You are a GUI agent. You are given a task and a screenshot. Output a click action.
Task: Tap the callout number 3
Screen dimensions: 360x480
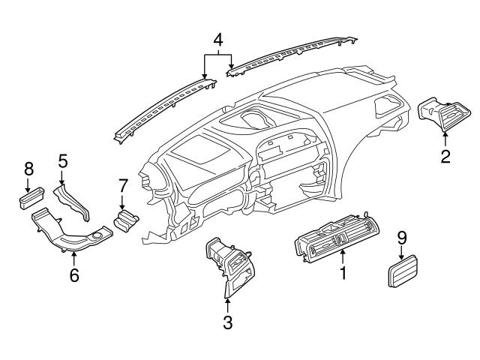coord(227,323)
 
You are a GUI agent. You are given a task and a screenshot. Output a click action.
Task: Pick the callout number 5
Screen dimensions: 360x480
coord(63,160)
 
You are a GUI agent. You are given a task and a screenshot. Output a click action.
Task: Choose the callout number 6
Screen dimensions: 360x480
coord(73,275)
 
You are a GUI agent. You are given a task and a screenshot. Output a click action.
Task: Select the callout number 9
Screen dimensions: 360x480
coord(402,238)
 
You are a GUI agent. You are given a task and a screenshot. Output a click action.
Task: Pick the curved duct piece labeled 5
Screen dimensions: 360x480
coord(76,199)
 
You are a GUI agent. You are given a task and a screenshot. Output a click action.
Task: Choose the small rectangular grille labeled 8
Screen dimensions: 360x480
coord(29,199)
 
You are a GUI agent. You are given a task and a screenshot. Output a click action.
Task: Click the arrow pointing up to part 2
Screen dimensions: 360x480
coord(445,137)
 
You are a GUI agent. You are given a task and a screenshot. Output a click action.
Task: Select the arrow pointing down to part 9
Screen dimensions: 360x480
coord(402,253)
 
